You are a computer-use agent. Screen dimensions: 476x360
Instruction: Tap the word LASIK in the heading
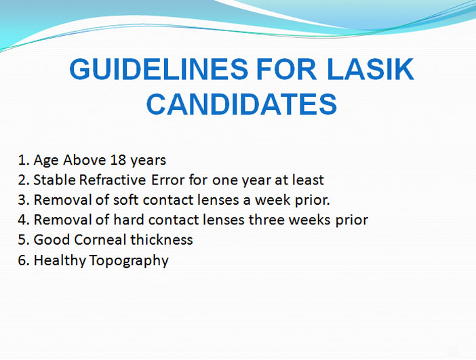pyautogui.click(x=371, y=69)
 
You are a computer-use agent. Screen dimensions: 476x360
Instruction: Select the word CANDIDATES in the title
pyautogui.click(x=241, y=104)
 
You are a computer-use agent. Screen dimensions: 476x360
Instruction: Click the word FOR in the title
pyautogui.click(x=287, y=69)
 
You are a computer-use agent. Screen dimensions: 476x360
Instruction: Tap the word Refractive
pyautogui.click(x=113, y=180)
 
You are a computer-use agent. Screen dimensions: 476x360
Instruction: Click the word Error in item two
pyautogui.click(x=168, y=180)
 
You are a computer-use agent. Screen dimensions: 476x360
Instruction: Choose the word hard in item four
pyautogui.click(x=128, y=220)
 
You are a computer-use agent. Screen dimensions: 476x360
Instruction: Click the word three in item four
pyautogui.click(x=266, y=220)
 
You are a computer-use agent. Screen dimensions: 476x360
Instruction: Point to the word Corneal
pyautogui.click(x=100, y=240)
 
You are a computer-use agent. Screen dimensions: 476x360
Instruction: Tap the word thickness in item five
pyautogui.click(x=162, y=240)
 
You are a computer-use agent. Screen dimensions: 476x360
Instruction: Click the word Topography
pyautogui.click(x=129, y=261)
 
